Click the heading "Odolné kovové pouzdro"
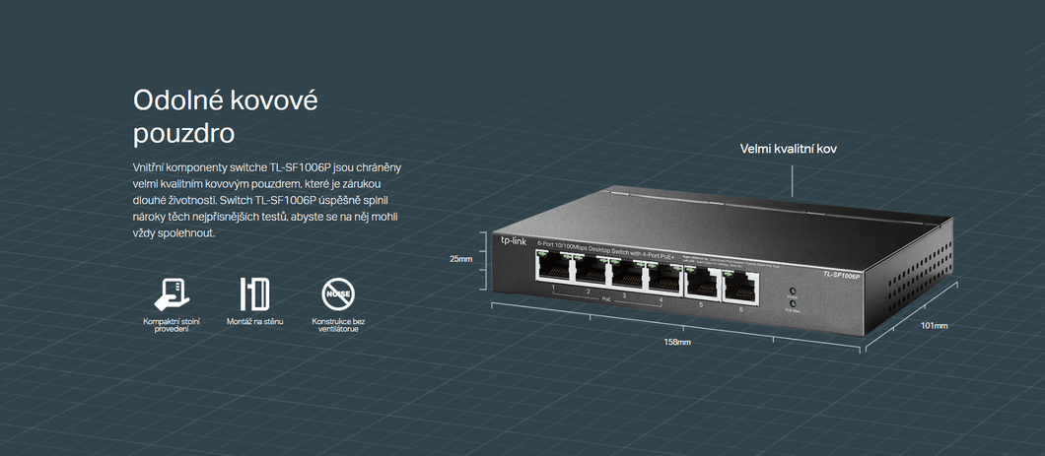click(x=226, y=115)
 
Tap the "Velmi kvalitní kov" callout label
click(x=789, y=149)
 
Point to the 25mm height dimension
click(x=461, y=259)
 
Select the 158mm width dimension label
click(x=677, y=342)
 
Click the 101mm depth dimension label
click(x=934, y=325)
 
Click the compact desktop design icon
click(x=172, y=293)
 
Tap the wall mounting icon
click(x=254, y=293)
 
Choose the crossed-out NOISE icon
click(x=338, y=293)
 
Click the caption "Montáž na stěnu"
click(x=254, y=321)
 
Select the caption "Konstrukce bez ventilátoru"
click(x=338, y=325)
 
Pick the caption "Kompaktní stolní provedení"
click(x=172, y=325)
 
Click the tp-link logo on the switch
click(x=514, y=240)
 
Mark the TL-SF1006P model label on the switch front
click(x=841, y=275)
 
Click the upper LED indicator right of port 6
click(x=792, y=292)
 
